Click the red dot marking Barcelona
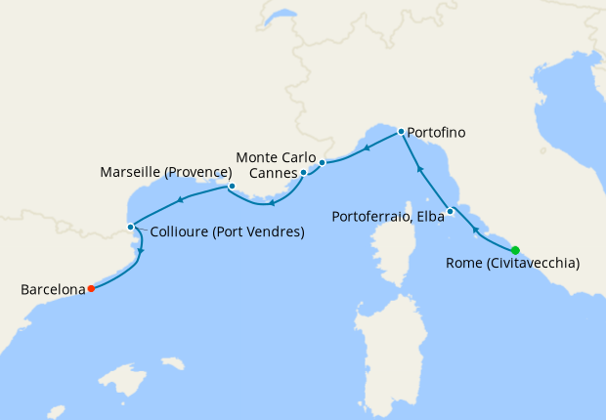(x=91, y=288)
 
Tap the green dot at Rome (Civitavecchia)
(x=515, y=250)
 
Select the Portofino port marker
(x=401, y=131)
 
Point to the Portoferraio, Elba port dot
(x=450, y=212)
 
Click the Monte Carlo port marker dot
(x=322, y=163)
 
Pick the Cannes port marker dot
(x=304, y=173)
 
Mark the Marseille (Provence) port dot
(x=232, y=186)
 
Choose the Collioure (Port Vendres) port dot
(x=131, y=228)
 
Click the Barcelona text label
(x=52, y=289)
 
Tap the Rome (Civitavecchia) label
(x=512, y=263)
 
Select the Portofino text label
(x=436, y=132)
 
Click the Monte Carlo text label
(x=276, y=156)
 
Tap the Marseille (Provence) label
(x=165, y=172)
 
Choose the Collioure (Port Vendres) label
(x=227, y=232)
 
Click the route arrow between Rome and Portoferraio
(x=475, y=230)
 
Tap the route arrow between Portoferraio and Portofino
(x=419, y=168)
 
